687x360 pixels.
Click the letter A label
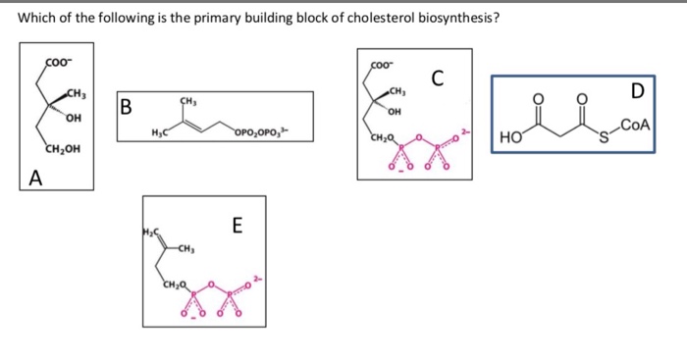[36, 178]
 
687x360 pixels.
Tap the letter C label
[437, 77]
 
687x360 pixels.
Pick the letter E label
[237, 225]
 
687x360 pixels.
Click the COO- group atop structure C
[380, 66]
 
